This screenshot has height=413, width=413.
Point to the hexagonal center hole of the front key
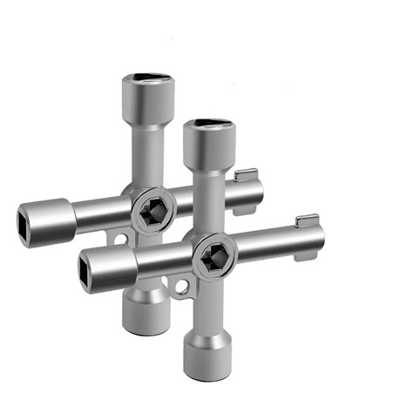coord(214,256)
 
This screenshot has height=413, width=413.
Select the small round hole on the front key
coord(181,288)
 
